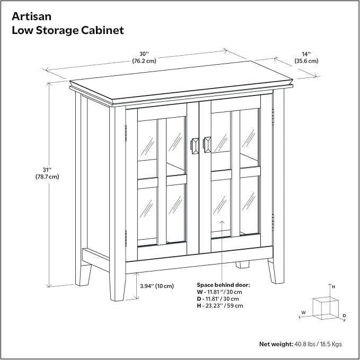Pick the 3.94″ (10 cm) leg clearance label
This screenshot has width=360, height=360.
pyautogui.click(x=157, y=286)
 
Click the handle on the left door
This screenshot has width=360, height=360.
pyautogui.click(x=195, y=146)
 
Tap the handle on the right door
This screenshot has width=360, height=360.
pyautogui.click(x=207, y=145)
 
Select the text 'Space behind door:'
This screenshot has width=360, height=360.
pyautogui.click(x=223, y=285)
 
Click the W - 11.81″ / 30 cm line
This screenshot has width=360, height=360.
pyautogui.click(x=219, y=292)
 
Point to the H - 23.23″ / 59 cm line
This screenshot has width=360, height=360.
pyautogui.click(x=219, y=305)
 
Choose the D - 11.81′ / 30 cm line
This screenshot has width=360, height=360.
pyautogui.click(x=218, y=298)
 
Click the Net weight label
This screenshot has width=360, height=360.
pyautogui.click(x=276, y=344)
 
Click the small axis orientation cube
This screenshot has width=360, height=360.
pyautogui.click(x=326, y=308)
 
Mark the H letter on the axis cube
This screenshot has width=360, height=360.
pyautogui.click(x=333, y=287)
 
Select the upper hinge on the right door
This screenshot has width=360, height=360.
pyautogui.click(x=273, y=117)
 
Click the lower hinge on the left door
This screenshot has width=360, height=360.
pyautogui.click(x=126, y=238)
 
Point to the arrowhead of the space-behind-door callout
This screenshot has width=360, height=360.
pyautogui.click(x=222, y=222)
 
